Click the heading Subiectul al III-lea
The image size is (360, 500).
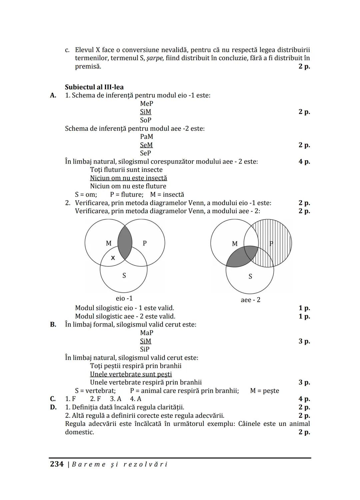94,87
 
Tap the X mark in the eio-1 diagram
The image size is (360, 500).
113,257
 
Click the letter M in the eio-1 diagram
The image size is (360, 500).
109,244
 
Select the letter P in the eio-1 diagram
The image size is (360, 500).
145,244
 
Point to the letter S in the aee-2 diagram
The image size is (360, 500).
250,276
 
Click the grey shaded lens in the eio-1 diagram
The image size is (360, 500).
125,243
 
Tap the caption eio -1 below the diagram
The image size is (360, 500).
124,298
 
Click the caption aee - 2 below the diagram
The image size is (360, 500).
250,300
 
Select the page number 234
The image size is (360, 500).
56,464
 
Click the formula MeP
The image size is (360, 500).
147,104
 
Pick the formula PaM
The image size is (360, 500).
147,137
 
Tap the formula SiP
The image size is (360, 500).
145,349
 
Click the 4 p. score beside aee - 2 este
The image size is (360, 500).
304,162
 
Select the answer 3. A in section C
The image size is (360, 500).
116,399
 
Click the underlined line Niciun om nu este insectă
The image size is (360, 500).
128,178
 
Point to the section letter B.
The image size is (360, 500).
53,324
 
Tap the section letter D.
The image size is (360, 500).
53,407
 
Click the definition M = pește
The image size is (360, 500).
264,390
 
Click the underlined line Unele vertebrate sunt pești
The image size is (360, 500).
131,374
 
